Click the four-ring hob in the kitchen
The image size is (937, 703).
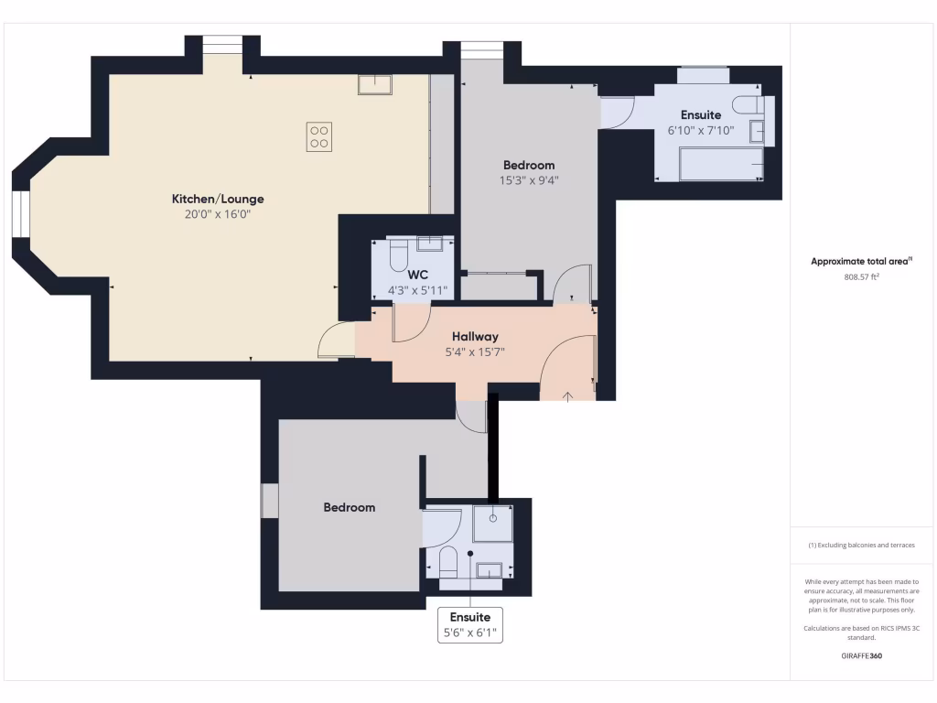pyautogui.click(x=319, y=136)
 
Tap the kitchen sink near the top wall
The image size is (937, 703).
pyautogui.click(x=375, y=85)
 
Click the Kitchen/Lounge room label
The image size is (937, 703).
pyautogui.click(x=218, y=199)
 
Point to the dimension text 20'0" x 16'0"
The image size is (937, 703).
pyautogui.click(x=218, y=214)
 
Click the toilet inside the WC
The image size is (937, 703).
pyautogui.click(x=397, y=255)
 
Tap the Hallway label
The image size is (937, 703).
pyautogui.click(x=474, y=336)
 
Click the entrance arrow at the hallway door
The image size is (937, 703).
pyautogui.click(x=567, y=395)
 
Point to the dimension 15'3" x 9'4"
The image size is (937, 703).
pyautogui.click(x=529, y=180)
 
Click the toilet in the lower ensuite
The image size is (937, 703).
pyautogui.click(x=448, y=560)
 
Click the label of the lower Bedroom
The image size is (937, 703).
pyautogui.click(x=349, y=507)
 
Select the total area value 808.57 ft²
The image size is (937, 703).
pyautogui.click(x=860, y=276)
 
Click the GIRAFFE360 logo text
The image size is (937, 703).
pyautogui.click(x=860, y=655)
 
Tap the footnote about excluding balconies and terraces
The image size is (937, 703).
pyautogui.click(x=860, y=545)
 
